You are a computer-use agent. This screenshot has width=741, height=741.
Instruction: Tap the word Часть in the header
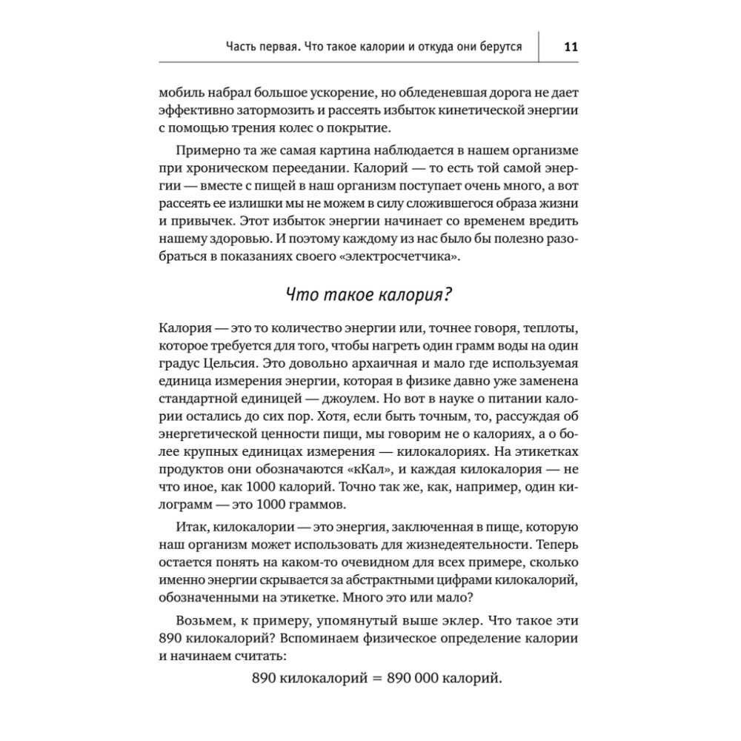coord(243,47)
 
